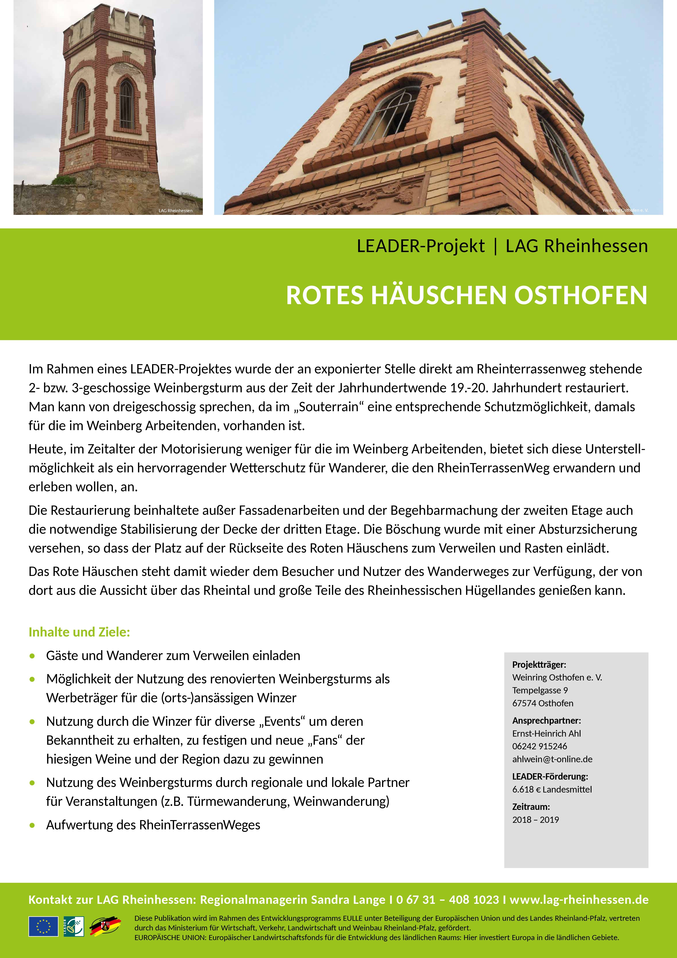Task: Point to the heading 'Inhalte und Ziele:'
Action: click(79, 632)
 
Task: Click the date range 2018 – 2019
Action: click(536, 820)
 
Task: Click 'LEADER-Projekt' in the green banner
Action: click(420, 246)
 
